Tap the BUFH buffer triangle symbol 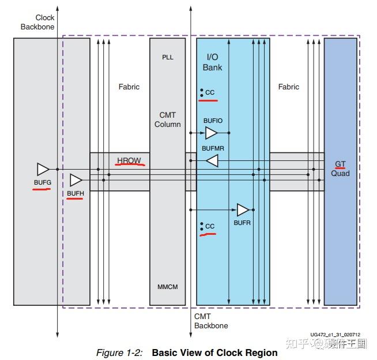(x=76, y=180)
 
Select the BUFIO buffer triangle (x=212, y=133)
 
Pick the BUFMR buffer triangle (x=212, y=160)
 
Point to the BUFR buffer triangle (x=243, y=209)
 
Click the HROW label (x=129, y=160)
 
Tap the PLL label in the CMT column (x=167, y=57)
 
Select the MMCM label (x=167, y=287)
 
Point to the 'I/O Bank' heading (x=212, y=62)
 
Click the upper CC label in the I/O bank (x=210, y=92)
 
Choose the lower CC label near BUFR (x=210, y=226)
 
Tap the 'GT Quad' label (x=340, y=168)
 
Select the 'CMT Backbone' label (x=210, y=321)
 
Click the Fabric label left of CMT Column (x=129, y=87)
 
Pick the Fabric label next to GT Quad (x=288, y=87)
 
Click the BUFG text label (x=43, y=182)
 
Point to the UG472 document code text (x=334, y=334)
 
